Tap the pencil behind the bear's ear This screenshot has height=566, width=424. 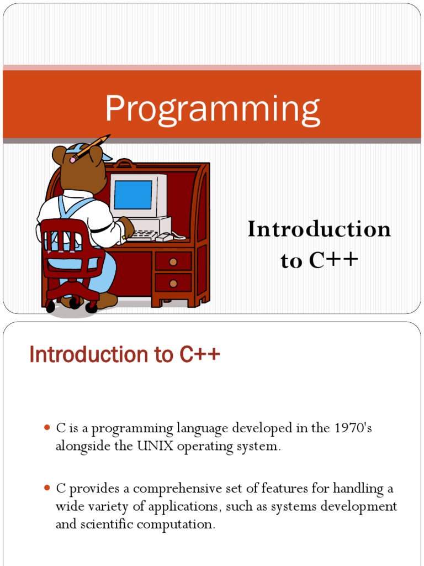pos(90,148)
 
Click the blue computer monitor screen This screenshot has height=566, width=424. pos(133,195)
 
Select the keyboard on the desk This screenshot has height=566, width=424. pos(142,235)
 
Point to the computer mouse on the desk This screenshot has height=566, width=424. pos(164,237)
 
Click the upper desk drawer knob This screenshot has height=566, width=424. pos(173,261)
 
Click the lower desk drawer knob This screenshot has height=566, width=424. pos(173,284)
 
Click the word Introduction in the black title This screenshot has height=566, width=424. pos(320,229)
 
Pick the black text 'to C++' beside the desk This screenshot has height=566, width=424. pos(320,260)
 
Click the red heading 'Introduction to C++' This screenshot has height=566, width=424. pos(125,354)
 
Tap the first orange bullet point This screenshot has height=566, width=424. pos(46,428)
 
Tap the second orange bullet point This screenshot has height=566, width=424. pos(46,488)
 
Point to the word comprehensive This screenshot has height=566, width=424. pos(178,489)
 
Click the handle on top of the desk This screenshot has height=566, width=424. pos(125,163)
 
